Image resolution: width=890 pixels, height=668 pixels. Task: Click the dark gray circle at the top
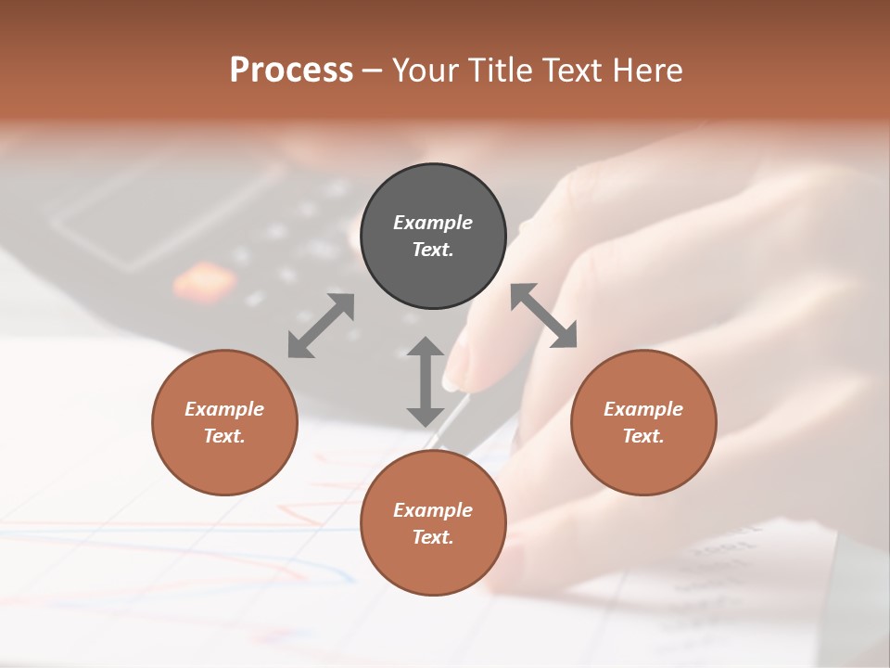click(433, 237)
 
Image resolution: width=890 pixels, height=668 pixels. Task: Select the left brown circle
click(224, 422)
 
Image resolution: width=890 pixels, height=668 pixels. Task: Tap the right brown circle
click(643, 422)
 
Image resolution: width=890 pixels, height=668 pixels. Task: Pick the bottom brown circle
click(433, 523)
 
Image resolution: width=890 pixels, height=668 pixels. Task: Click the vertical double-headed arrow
click(426, 381)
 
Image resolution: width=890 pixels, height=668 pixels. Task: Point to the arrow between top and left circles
click(321, 325)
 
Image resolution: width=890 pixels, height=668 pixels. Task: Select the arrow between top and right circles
click(543, 315)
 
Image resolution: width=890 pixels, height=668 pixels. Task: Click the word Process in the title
click(291, 71)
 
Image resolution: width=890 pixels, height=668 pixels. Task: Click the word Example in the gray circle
click(433, 223)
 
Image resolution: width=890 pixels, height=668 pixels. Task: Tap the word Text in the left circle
click(223, 436)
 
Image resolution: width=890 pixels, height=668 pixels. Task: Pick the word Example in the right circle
click(643, 409)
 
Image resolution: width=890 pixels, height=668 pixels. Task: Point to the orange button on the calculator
click(203, 280)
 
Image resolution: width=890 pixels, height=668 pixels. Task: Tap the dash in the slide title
click(372, 71)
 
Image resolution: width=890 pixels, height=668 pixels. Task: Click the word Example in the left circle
click(224, 409)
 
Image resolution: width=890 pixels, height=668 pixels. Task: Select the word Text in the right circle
click(642, 436)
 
